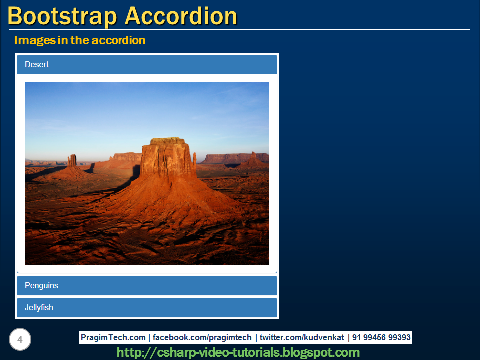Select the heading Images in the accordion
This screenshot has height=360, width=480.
pyautogui.click(x=80, y=40)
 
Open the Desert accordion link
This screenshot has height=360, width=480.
pyautogui.click(x=36, y=64)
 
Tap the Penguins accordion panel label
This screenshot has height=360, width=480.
pyautogui.click(x=41, y=286)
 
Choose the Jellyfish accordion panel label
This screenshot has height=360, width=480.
pyautogui.click(x=39, y=308)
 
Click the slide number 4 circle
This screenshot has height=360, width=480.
pyautogui.click(x=20, y=340)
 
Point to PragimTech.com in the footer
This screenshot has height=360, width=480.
pyautogui.click(x=113, y=338)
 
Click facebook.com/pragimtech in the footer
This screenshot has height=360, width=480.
pyautogui.click(x=202, y=338)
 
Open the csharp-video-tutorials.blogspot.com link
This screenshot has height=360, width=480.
pyautogui.click(x=238, y=353)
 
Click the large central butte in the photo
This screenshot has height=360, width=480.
pyautogui.click(x=167, y=165)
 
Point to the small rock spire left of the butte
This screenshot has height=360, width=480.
pyautogui.click(x=72, y=161)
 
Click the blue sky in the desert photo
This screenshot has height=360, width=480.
pyautogui.click(x=125, y=110)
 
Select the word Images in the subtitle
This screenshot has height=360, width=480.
pyautogui.click(x=34, y=40)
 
